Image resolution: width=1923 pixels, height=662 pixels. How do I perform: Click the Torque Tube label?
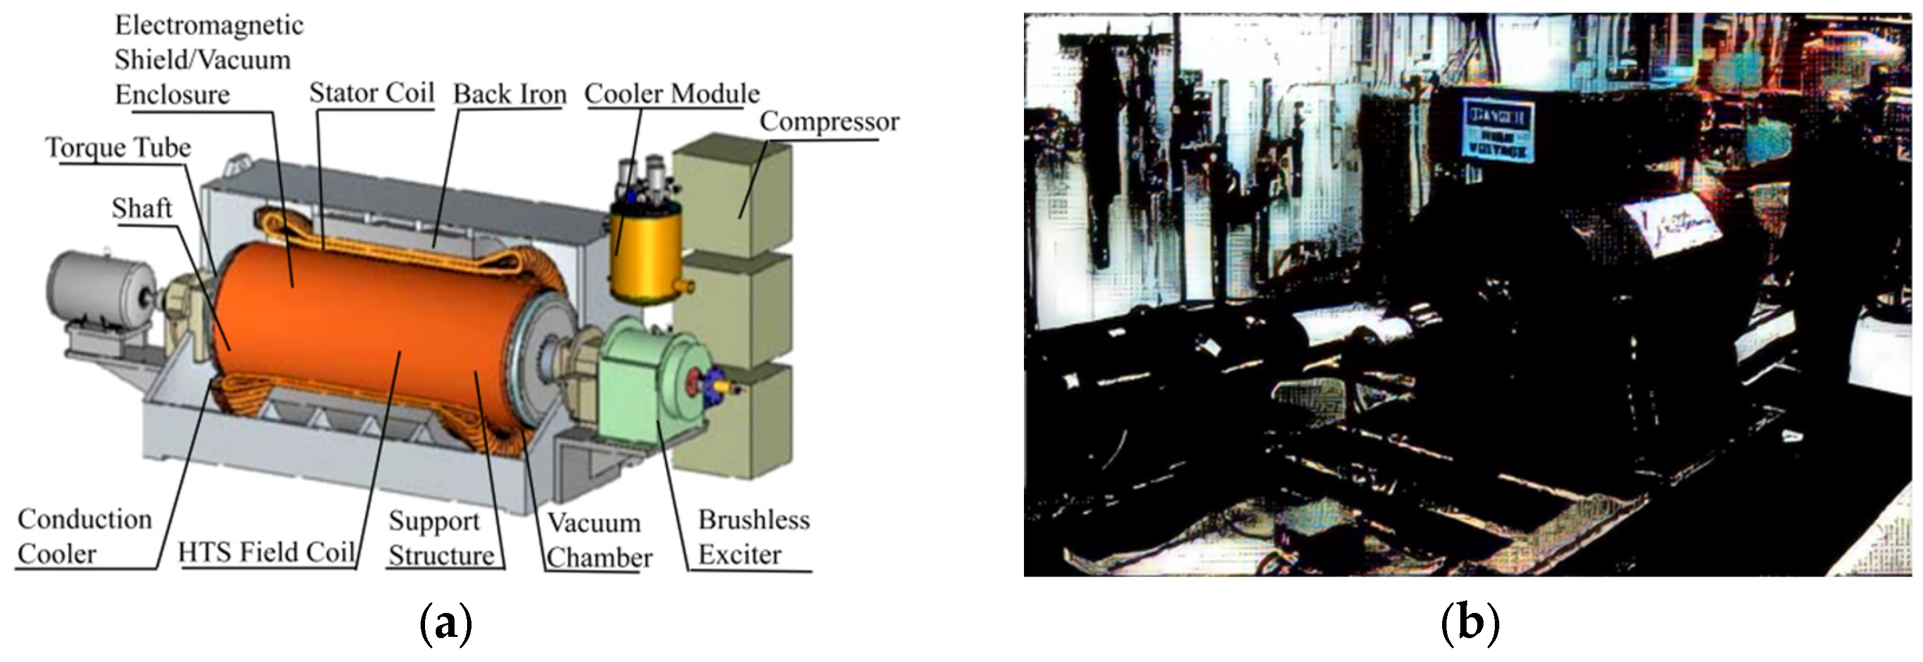point(118,148)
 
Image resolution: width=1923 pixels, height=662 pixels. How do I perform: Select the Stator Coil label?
point(371,94)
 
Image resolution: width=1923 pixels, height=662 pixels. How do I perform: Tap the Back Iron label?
point(510,94)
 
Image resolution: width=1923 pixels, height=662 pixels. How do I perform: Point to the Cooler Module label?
point(672,94)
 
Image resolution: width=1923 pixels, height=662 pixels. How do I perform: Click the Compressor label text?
point(829,122)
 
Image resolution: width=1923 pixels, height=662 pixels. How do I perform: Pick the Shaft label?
point(142,209)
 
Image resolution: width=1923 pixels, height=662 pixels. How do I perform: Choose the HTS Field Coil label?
point(266,553)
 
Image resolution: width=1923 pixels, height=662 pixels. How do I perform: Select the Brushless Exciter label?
point(753,538)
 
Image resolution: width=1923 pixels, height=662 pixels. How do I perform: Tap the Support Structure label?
point(441,539)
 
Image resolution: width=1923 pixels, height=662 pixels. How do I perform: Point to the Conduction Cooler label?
point(84,536)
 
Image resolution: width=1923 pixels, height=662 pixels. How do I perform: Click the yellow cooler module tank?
point(646,255)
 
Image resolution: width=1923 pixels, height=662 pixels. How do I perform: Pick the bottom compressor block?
point(731,422)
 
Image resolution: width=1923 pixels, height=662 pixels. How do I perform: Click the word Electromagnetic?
point(209,25)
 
